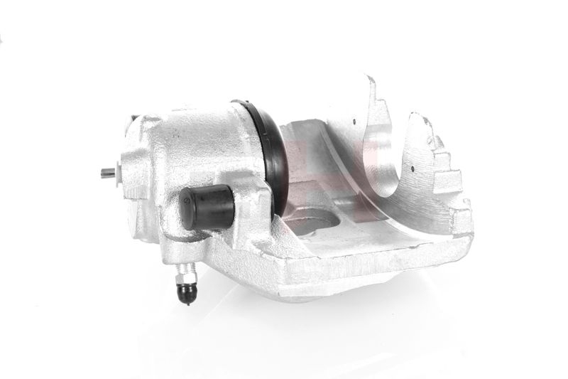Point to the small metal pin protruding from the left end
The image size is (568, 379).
106,172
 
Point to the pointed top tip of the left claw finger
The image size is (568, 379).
370,78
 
